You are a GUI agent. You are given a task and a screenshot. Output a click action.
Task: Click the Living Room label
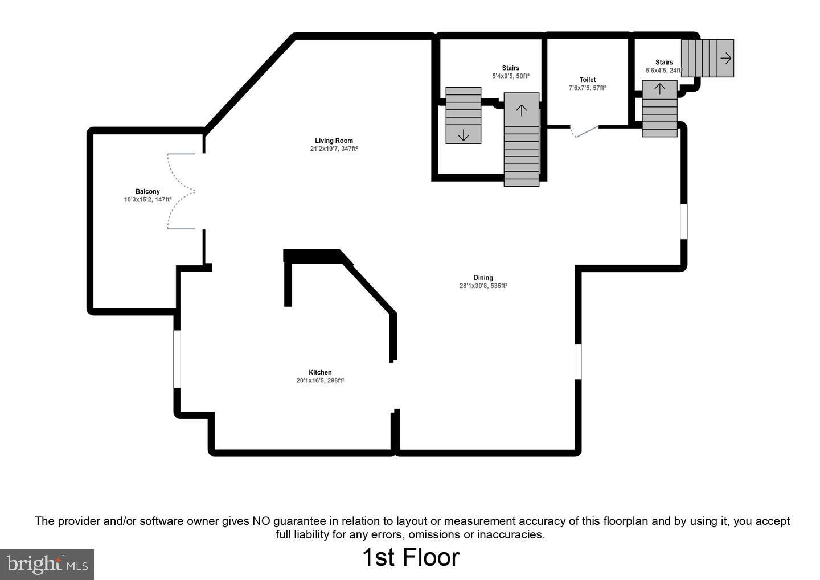pyautogui.click(x=334, y=141)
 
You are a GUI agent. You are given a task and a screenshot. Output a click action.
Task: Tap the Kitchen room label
pyautogui.click(x=320, y=372)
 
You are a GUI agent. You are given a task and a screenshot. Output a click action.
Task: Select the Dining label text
pyautogui.click(x=483, y=278)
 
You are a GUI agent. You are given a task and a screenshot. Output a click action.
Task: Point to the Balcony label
pyautogui.click(x=147, y=191)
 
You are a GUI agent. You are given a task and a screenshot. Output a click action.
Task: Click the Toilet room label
pyautogui.click(x=588, y=80)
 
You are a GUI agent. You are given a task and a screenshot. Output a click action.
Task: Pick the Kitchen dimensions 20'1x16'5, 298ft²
pyautogui.click(x=320, y=381)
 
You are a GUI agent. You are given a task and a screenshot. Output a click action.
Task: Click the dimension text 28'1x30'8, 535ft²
pyautogui.click(x=483, y=286)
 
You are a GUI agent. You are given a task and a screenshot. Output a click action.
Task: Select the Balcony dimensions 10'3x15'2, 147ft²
pyautogui.click(x=147, y=200)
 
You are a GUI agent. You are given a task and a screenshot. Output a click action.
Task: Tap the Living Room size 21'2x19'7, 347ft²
pyautogui.click(x=334, y=149)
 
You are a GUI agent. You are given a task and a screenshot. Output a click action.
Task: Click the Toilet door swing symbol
pyautogui.click(x=584, y=131)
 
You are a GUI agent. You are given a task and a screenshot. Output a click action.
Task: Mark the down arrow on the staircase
pyautogui.click(x=463, y=135)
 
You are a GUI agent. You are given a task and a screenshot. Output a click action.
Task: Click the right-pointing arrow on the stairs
pyautogui.click(x=725, y=58)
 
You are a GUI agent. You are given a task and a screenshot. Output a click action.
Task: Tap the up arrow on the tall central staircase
pyautogui.click(x=521, y=110)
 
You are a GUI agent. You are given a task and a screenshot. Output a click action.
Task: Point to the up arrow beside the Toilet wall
pyautogui.click(x=659, y=89)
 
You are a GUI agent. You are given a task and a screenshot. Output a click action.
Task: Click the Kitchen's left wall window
pyautogui.click(x=177, y=359)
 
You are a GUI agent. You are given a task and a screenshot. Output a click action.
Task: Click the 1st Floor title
pyautogui.click(x=411, y=557)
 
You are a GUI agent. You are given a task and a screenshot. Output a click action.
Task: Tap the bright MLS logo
pyautogui.click(x=47, y=564)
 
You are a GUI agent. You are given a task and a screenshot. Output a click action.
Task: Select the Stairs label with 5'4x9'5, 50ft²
pyautogui.click(x=510, y=68)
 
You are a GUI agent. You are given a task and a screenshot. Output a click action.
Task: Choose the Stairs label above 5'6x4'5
pyautogui.click(x=664, y=62)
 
